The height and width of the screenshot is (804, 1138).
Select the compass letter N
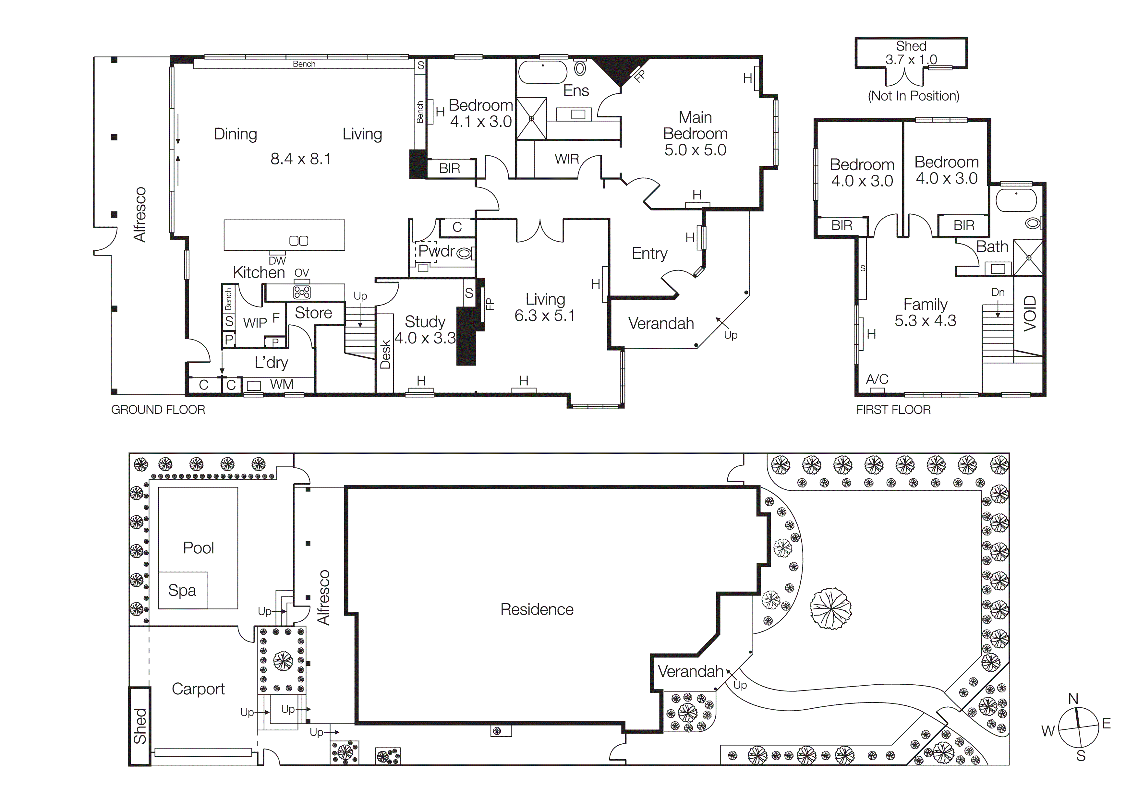coord(1073,699)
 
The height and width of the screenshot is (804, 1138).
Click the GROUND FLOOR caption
coord(158,410)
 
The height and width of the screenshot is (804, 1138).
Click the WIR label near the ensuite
coord(566,159)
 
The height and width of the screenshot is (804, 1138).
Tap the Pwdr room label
coord(436,251)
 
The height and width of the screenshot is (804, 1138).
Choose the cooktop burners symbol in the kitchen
coord(302,292)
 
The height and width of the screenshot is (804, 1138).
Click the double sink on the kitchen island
coord(298,241)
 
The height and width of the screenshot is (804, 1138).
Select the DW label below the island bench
coord(277,260)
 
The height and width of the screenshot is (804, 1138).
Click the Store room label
coord(313,313)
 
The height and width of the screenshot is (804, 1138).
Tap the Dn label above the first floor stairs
coord(998,292)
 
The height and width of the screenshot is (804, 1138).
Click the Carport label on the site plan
coord(198,689)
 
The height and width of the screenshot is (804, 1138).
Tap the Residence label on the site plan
coord(537,609)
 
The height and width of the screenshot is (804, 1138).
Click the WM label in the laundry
coord(282,384)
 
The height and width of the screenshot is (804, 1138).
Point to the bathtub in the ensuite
coord(542,72)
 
